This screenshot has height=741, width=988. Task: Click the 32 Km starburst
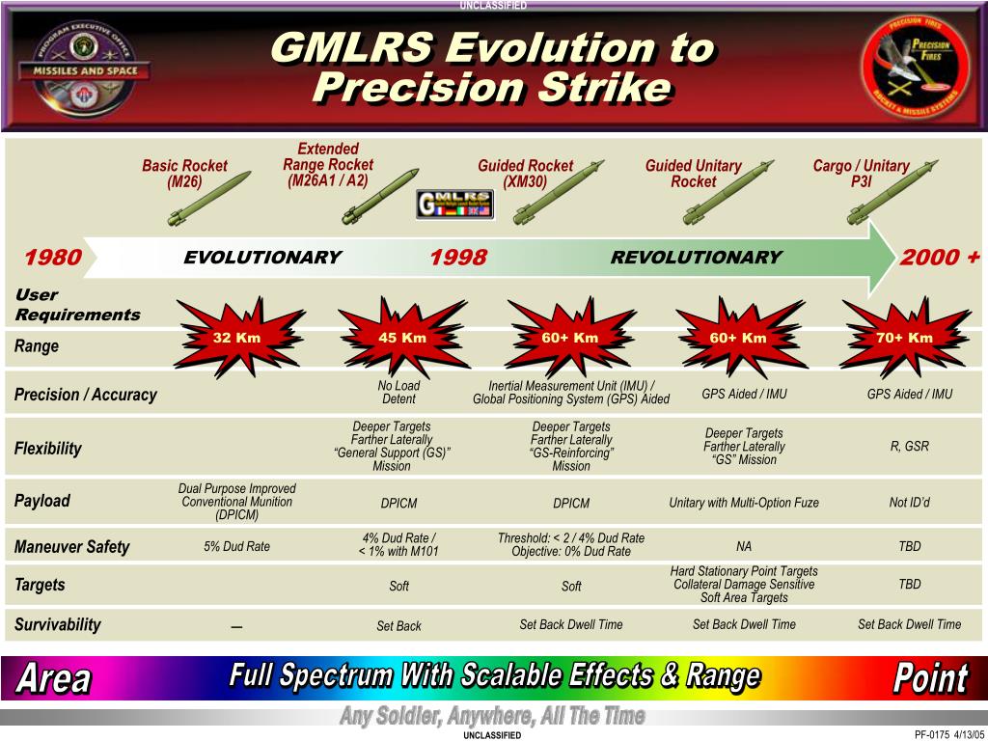click(236, 338)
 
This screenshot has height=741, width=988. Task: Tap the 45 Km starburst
click(402, 338)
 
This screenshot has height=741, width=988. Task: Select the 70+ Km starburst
click(905, 337)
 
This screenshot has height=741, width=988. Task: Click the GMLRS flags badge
click(454, 203)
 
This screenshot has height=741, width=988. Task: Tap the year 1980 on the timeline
click(53, 258)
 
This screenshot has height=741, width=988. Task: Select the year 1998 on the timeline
click(458, 258)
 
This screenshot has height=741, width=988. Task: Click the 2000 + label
click(939, 258)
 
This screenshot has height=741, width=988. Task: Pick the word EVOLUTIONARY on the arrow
click(262, 258)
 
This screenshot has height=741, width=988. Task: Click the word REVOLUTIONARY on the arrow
click(696, 258)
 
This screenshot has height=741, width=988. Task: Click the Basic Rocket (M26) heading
click(184, 174)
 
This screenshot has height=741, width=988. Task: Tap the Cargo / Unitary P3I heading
click(861, 174)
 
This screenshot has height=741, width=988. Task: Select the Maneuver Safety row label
click(71, 547)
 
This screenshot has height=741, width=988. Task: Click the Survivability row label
click(58, 624)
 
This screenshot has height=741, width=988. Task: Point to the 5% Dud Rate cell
click(236, 546)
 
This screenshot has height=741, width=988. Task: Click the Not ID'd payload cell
click(909, 502)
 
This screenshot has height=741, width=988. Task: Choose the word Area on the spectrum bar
click(53, 678)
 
